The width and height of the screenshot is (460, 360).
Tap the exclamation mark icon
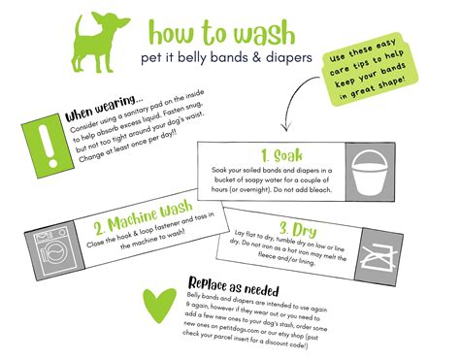pyautogui.click(x=37, y=142)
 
